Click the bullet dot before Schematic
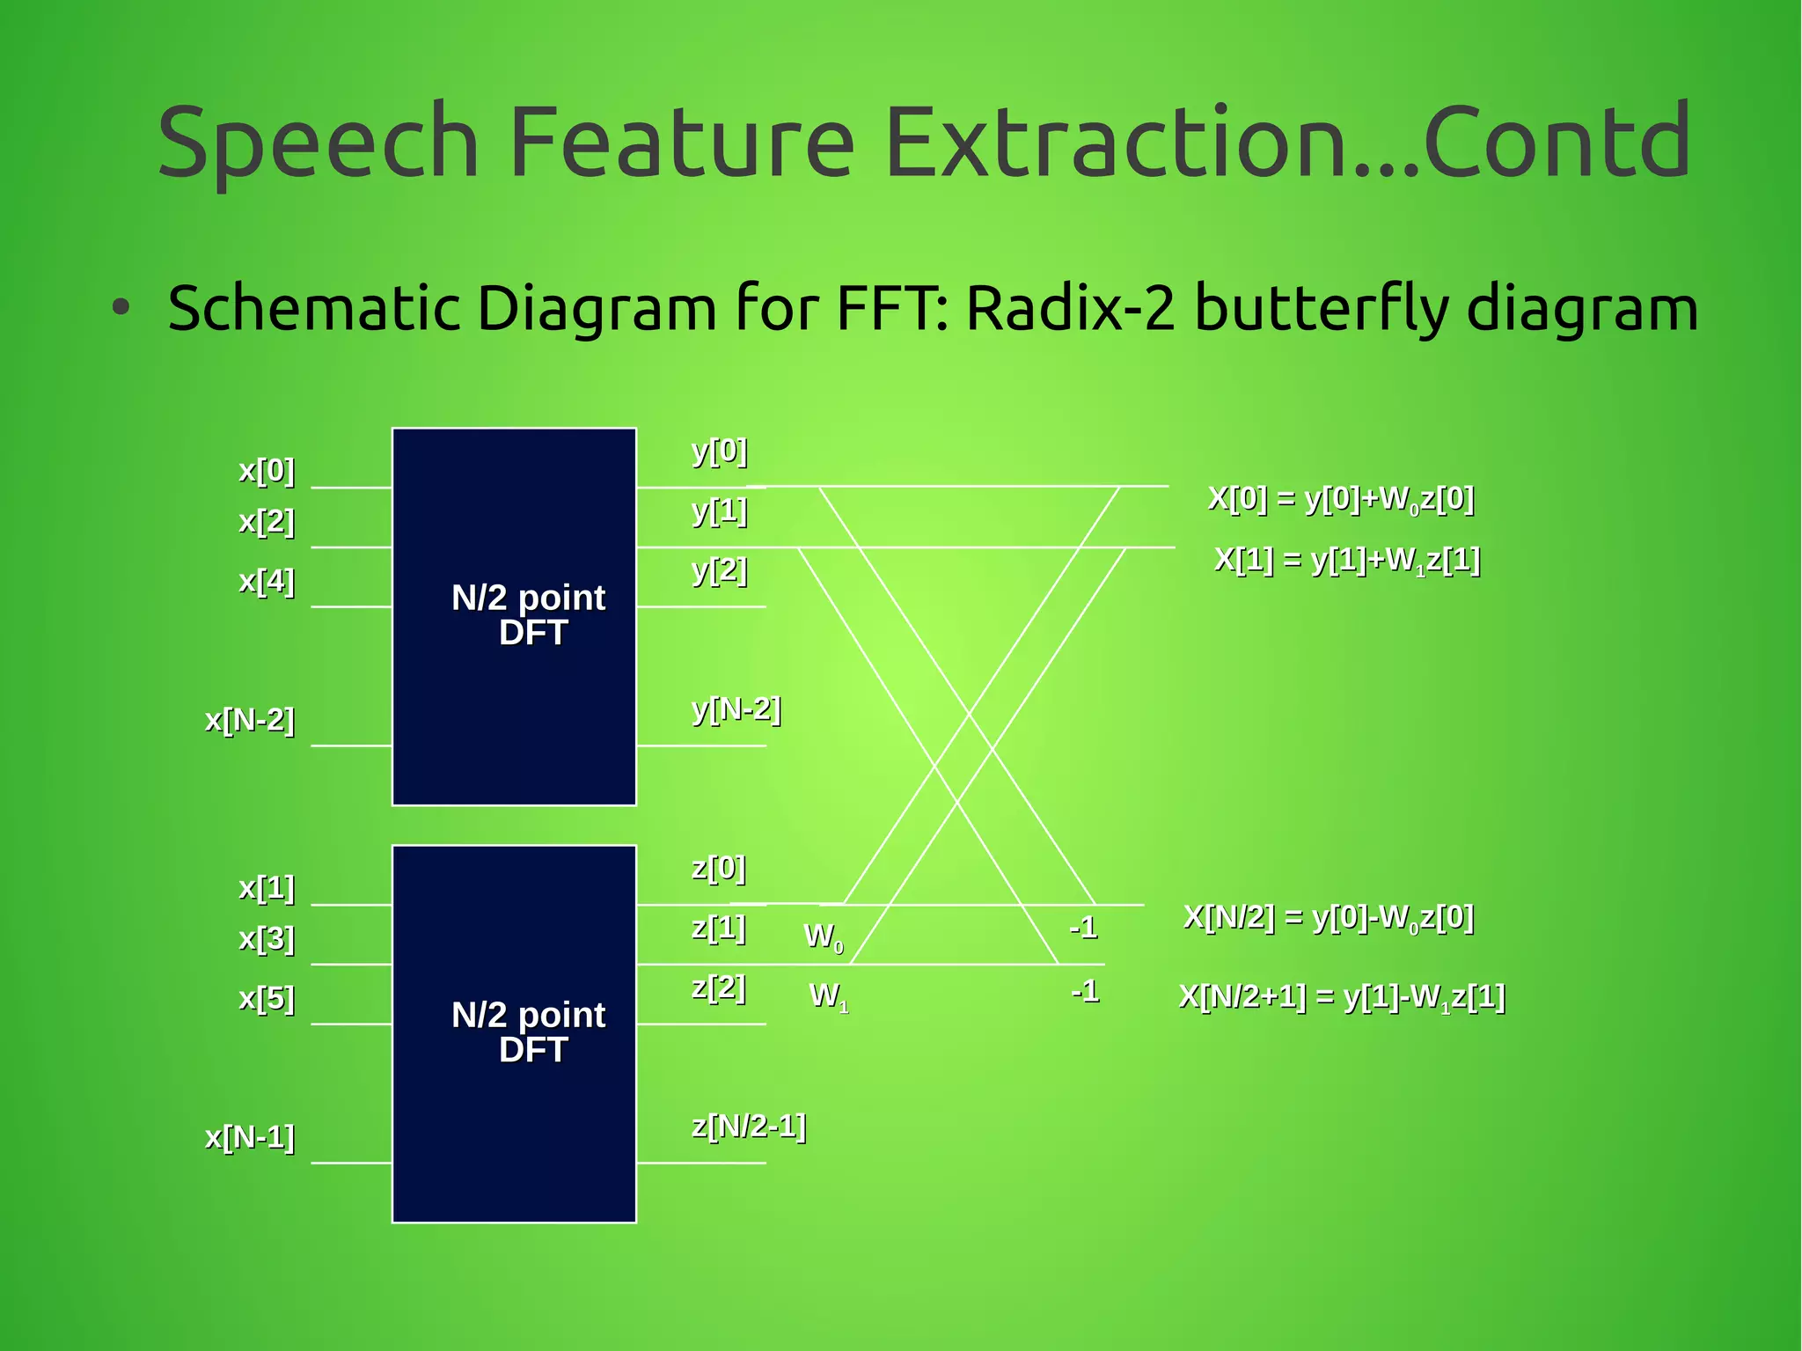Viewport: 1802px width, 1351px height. click(x=121, y=308)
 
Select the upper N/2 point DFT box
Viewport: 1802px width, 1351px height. click(x=514, y=616)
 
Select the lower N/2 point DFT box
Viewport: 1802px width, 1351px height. click(x=514, y=1033)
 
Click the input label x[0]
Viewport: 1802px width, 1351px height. click(x=267, y=470)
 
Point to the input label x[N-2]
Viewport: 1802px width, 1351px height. click(x=250, y=720)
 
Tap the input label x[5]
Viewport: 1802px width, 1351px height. click(x=267, y=998)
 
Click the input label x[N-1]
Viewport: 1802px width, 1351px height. click(x=250, y=1137)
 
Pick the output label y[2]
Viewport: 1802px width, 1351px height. click(x=720, y=570)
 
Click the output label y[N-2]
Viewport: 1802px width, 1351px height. click(x=736, y=709)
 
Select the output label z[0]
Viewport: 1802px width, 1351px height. click(x=719, y=868)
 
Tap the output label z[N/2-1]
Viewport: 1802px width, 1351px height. click(x=749, y=1126)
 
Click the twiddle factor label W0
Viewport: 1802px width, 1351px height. click(x=824, y=936)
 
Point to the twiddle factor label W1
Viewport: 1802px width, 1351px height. click(x=828, y=996)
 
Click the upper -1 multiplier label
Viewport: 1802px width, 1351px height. click(x=1083, y=927)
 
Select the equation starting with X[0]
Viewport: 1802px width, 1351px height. click(x=1341, y=499)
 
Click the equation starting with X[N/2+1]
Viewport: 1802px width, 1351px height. click(x=1342, y=997)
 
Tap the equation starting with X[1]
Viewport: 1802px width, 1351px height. click(x=1347, y=560)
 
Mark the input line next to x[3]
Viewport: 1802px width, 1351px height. click(x=351, y=965)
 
